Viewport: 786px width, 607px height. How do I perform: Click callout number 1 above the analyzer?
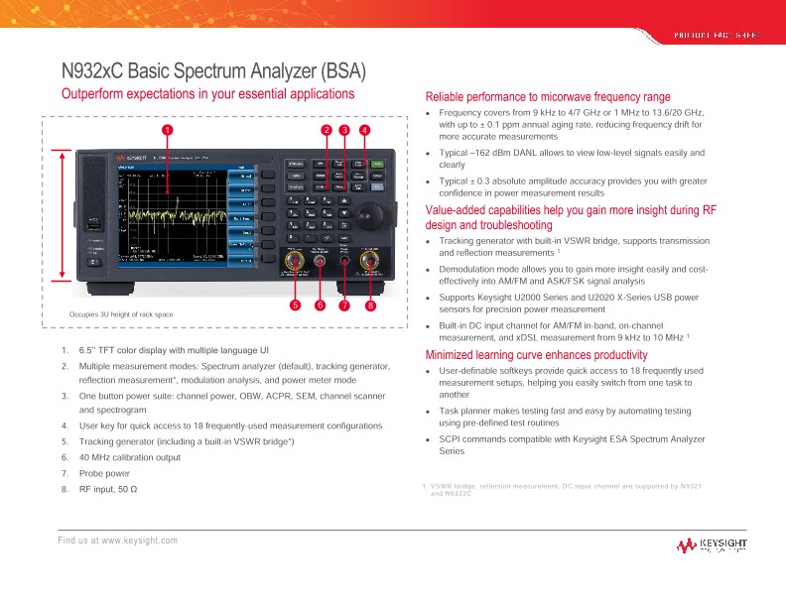[x=168, y=129]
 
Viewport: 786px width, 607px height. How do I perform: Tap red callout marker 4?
[x=364, y=129]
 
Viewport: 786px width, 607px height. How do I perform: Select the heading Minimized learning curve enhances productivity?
[x=537, y=355]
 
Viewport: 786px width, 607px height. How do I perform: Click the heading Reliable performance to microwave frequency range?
[x=548, y=97]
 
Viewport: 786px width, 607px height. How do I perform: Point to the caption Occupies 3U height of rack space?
[x=120, y=314]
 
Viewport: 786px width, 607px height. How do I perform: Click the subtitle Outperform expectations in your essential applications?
[x=207, y=94]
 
